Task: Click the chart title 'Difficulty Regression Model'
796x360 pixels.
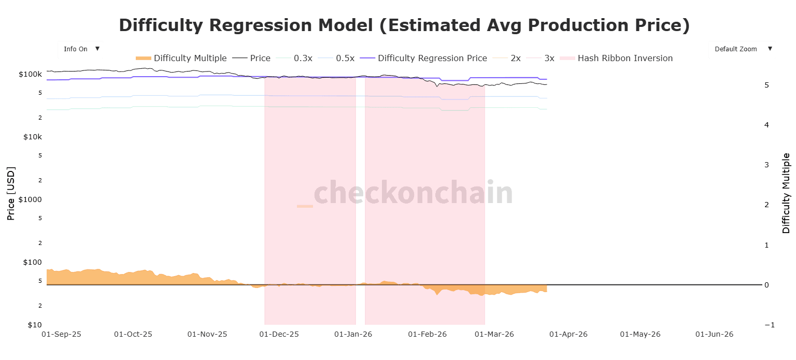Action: point(404,25)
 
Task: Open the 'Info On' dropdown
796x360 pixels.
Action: point(80,49)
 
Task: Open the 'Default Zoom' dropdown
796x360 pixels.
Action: point(742,49)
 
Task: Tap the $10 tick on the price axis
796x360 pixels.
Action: point(34,325)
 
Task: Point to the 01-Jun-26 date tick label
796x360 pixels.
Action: point(715,335)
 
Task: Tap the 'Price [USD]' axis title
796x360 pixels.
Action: point(11,193)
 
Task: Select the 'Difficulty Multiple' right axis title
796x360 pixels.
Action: point(786,193)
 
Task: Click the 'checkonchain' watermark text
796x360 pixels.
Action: point(413,193)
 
